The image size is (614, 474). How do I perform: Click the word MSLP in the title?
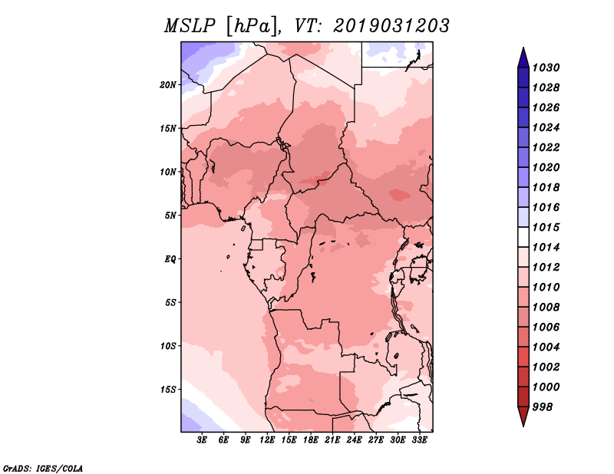click(x=190, y=26)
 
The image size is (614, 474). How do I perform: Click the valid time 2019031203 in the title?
click(x=391, y=26)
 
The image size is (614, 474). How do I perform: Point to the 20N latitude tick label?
click(x=167, y=85)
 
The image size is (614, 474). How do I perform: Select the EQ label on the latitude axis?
click(x=170, y=259)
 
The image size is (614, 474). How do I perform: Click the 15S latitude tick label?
click(x=167, y=390)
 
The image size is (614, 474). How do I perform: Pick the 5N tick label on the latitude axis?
click(x=170, y=216)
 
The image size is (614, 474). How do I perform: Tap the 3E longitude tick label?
click(x=202, y=440)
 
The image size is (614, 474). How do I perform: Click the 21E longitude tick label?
click(x=332, y=440)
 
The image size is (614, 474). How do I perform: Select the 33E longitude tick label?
click(x=419, y=440)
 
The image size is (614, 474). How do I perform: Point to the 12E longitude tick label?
click(x=267, y=440)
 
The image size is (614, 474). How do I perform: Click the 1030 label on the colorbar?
click(x=546, y=67)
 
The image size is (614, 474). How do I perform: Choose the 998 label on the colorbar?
click(x=543, y=407)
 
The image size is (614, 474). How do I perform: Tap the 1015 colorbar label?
click(x=546, y=227)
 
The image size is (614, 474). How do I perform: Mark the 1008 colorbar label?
click(x=546, y=308)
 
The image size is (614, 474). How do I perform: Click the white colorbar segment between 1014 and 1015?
click(x=523, y=237)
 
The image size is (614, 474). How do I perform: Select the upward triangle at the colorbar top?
click(x=523, y=58)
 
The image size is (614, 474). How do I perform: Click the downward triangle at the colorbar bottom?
click(x=523, y=416)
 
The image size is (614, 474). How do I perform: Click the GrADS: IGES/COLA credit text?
click(x=43, y=469)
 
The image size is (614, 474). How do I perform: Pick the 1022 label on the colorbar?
click(x=546, y=147)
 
